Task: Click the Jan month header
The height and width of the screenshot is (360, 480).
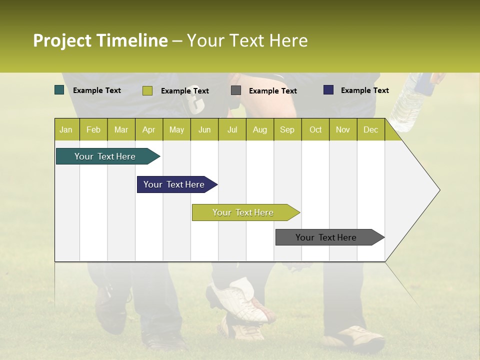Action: pyautogui.click(x=66, y=129)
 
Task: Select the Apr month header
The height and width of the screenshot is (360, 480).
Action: pyautogui.click(x=149, y=129)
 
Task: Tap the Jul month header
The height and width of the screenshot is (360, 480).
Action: pyautogui.click(x=232, y=129)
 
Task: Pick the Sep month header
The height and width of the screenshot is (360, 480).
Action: pyautogui.click(x=287, y=129)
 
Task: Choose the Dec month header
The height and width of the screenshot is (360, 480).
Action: pyautogui.click(x=370, y=129)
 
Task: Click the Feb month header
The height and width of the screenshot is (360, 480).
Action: pyautogui.click(x=93, y=129)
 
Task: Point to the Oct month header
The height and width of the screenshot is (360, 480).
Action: pyautogui.click(x=315, y=129)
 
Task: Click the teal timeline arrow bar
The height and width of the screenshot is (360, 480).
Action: pyautogui.click(x=105, y=156)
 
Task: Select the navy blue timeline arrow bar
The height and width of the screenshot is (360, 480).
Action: pyautogui.click(x=174, y=184)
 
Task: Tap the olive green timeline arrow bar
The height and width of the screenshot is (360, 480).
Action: pyautogui.click(x=243, y=212)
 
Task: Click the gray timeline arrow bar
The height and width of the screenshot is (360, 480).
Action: pyautogui.click(x=326, y=237)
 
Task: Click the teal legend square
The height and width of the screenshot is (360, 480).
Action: pyautogui.click(x=59, y=90)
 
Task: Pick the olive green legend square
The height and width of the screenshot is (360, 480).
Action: pyautogui.click(x=147, y=90)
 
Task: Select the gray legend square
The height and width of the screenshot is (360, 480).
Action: pyautogui.click(x=236, y=90)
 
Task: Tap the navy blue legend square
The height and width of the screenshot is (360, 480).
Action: pyautogui.click(x=328, y=90)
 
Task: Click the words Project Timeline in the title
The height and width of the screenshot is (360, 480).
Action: pyautogui.click(x=100, y=40)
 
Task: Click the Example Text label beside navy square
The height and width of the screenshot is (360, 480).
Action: pyautogui.click(x=364, y=90)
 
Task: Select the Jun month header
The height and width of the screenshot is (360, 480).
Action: pyautogui.click(x=204, y=129)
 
